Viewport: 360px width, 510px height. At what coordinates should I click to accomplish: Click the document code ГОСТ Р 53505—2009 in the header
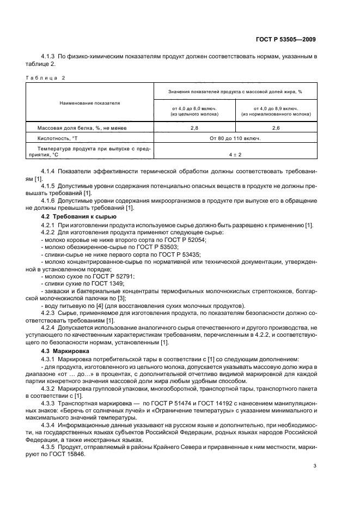(x=286, y=39)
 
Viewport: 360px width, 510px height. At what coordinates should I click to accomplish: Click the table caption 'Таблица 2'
(x=45, y=77)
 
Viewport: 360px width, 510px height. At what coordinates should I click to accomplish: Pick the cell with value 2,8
(x=194, y=127)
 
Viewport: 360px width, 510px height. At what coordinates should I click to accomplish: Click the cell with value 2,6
(x=276, y=127)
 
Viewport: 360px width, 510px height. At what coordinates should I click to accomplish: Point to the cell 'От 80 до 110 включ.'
(x=235, y=138)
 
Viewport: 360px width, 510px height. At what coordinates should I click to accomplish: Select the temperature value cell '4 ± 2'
(x=235, y=154)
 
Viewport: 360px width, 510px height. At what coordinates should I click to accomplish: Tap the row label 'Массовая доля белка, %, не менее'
(x=80, y=127)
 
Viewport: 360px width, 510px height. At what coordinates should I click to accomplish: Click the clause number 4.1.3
(x=50, y=56)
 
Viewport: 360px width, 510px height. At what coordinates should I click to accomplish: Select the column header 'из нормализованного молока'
(x=276, y=114)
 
